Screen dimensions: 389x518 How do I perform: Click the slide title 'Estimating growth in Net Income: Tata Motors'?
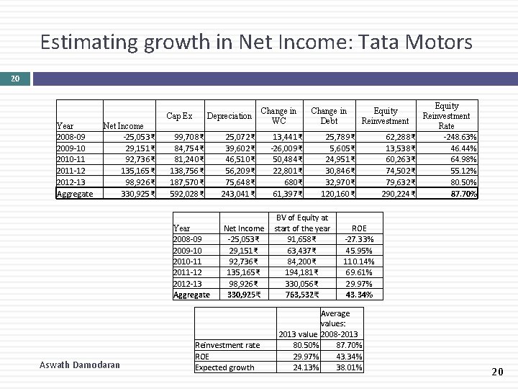(x=256, y=42)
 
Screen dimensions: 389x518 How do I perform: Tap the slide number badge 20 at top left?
(x=15, y=78)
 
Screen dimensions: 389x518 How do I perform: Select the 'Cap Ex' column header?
(x=179, y=116)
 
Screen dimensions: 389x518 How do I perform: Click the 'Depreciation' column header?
(x=229, y=116)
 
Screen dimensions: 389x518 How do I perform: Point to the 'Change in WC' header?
(x=278, y=116)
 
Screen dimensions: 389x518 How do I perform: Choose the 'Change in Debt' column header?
(x=329, y=116)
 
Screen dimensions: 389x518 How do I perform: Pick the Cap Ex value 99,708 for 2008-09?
(x=188, y=136)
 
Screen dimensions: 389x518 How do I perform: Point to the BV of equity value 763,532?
(x=302, y=295)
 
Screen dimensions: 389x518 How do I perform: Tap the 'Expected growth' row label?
(x=225, y=367)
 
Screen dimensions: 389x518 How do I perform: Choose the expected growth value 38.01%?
(x=349, y=367)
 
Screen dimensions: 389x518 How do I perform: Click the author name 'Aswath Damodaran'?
(x=79, y=365)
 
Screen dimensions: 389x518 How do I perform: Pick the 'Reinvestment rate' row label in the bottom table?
(x=228, y=346)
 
